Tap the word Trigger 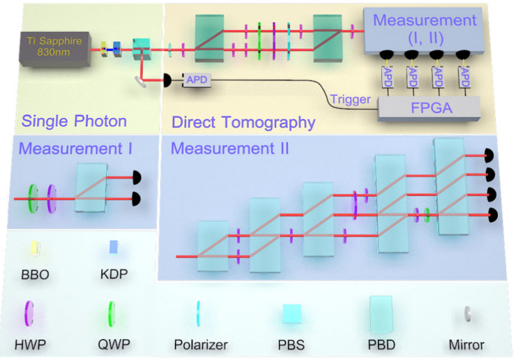click(351, 100)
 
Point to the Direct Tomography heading click(243, 123)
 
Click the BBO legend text click(35, 275)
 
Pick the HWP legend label click(30, 344)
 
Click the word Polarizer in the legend click(201, 344)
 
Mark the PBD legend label click(383, 344)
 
